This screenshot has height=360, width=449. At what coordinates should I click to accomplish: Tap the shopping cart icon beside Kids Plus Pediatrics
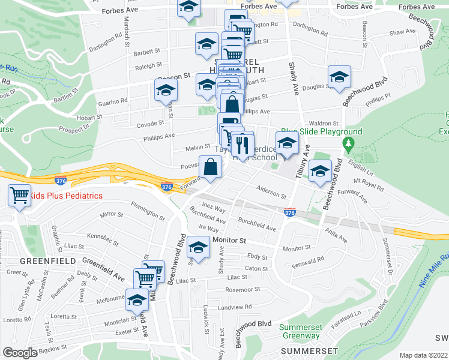point(19,195)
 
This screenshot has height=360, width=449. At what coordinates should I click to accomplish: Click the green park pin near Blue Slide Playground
point(347,143)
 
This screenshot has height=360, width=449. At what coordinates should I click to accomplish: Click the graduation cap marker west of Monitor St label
point(198,247)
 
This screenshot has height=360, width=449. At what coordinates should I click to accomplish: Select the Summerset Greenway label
point(301,331)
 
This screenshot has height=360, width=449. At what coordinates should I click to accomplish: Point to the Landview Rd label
point(235,307)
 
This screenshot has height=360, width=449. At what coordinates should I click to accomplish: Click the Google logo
point(20,353)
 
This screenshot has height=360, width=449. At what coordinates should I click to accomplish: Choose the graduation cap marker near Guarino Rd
point(166,90)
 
